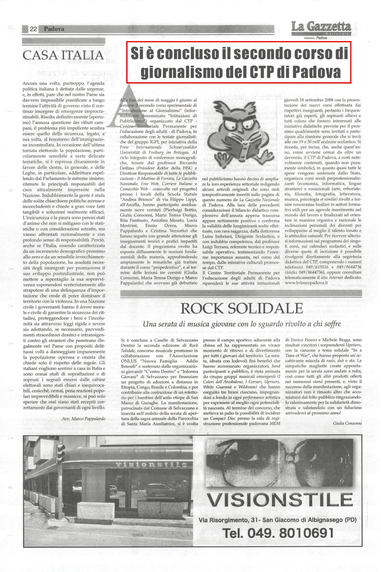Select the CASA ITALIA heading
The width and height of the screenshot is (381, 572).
coord(63,56)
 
